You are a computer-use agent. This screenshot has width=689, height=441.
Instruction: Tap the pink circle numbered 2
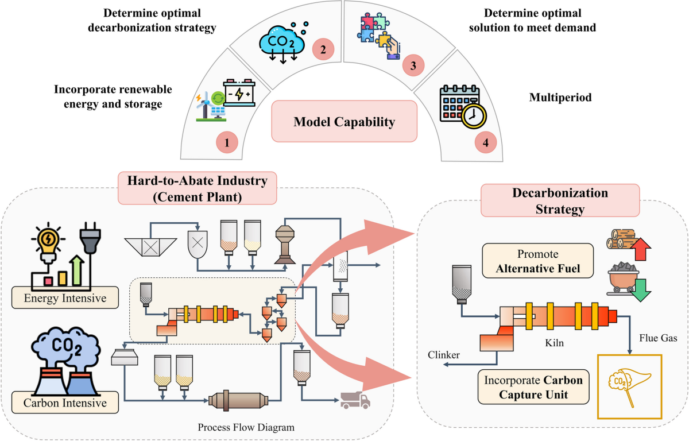click(323, 49)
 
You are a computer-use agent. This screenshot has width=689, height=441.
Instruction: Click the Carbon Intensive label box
click(65, 403)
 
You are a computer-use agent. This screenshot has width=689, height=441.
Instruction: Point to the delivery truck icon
click(355, 398)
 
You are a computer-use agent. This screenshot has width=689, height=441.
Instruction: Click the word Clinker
click(444, 355)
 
